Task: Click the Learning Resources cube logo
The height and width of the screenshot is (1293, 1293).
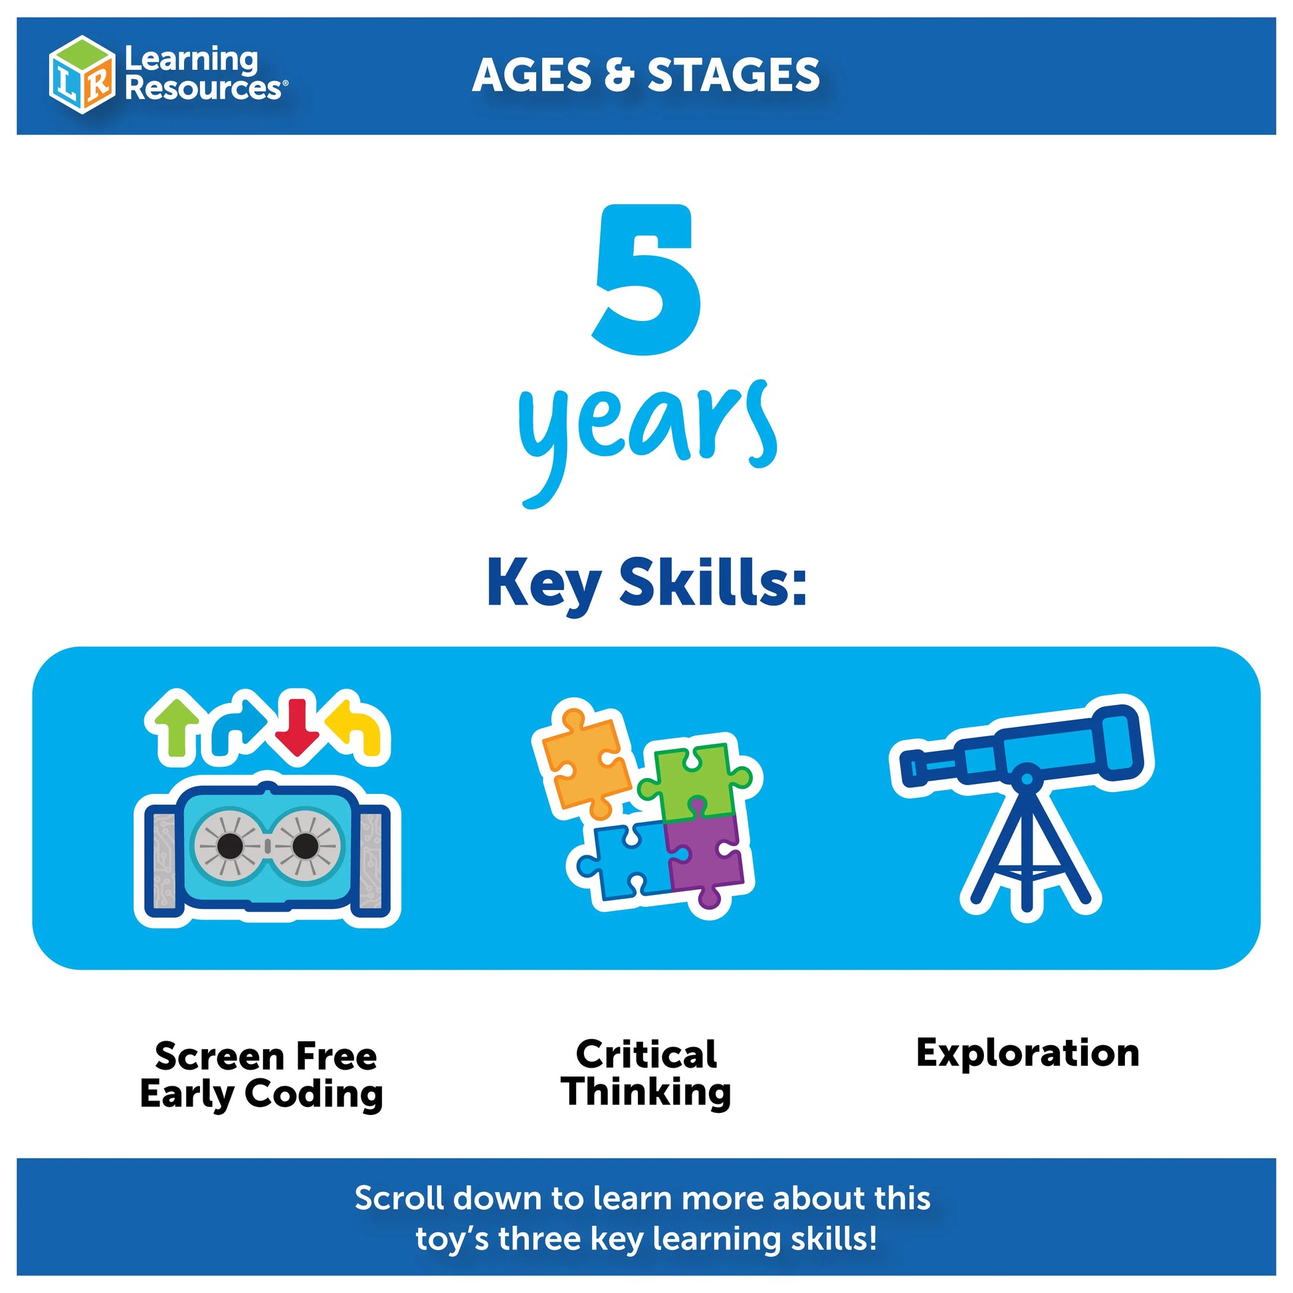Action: click(82, 74)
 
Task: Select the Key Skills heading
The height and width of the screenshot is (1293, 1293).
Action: click(646, 583)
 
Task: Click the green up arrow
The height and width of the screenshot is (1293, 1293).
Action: click(176, 728)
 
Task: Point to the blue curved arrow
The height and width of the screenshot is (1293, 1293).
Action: click(239, 728)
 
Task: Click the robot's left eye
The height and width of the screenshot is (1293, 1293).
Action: click(229, 846)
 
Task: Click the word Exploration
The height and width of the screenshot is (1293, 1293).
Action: click(1027, 1052)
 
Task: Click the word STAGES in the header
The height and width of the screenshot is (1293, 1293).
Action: click(734, 75)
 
